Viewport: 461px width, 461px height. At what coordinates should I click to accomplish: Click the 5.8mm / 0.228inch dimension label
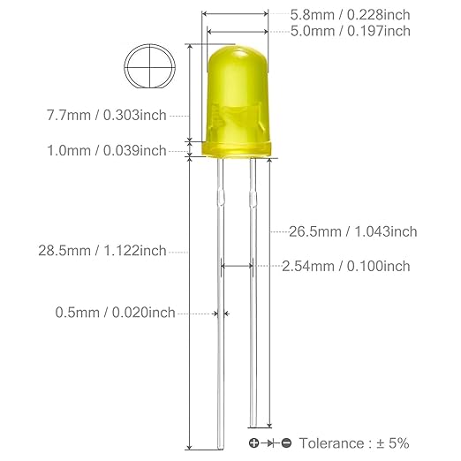(x=350, y=15)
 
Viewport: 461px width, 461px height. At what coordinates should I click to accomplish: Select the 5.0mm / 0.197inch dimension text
(x=351, y=31)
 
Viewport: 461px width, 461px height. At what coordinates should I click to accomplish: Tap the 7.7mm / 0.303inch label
(x=107, y=115)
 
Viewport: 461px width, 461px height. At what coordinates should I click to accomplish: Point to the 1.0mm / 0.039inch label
(x=107, y=151)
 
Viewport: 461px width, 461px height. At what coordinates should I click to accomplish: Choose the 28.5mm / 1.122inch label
(x=102, y=251)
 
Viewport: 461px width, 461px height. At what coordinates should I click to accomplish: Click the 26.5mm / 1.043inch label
(x=353, y=231)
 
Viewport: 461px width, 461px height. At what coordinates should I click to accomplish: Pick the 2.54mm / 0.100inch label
(x=346, y=266)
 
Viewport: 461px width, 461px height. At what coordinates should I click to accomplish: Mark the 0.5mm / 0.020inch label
(x=116, y=313)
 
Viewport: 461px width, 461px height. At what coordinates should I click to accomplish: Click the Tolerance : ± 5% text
(x=354, y=443)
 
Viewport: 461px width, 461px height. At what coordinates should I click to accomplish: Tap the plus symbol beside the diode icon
(x=253, y=442)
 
